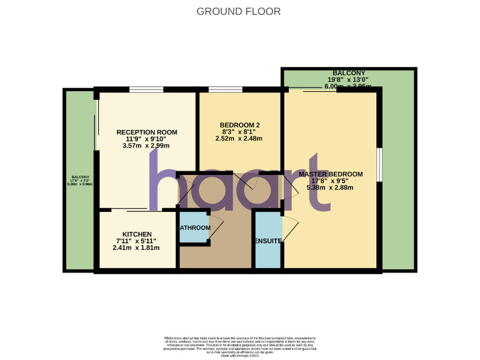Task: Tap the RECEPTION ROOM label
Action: click(147, 132)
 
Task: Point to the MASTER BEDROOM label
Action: click(330, 174)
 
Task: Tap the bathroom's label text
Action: click(196, 227)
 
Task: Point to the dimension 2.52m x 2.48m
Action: click(242, 139)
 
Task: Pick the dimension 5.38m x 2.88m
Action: click(330, 187)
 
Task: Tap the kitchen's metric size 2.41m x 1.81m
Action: click(136, 247)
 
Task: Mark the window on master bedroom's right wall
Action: click(379, 165)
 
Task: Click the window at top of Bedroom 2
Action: click(226, 89)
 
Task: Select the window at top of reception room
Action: click(147, 89)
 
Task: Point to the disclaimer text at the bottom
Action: click(240, 342)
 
